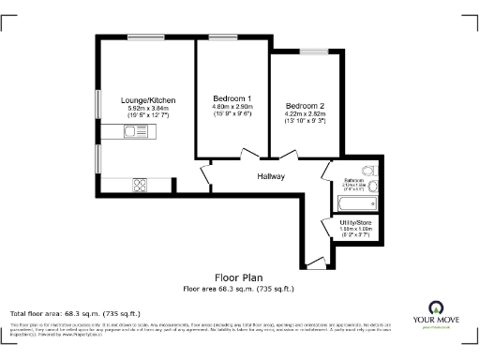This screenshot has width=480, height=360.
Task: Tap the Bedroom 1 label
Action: coord(232,98)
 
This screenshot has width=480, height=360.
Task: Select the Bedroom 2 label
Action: coord(306,105)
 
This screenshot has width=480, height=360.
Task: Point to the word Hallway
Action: coord(272,176)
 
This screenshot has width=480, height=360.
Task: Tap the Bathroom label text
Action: coord(353,179)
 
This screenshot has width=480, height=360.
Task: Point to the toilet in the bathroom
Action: coord(367,170)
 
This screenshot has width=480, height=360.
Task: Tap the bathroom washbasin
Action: coord(372,187)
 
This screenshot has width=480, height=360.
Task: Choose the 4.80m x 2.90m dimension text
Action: coord(232,108)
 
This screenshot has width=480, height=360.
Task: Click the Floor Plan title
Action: coord(238,278)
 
